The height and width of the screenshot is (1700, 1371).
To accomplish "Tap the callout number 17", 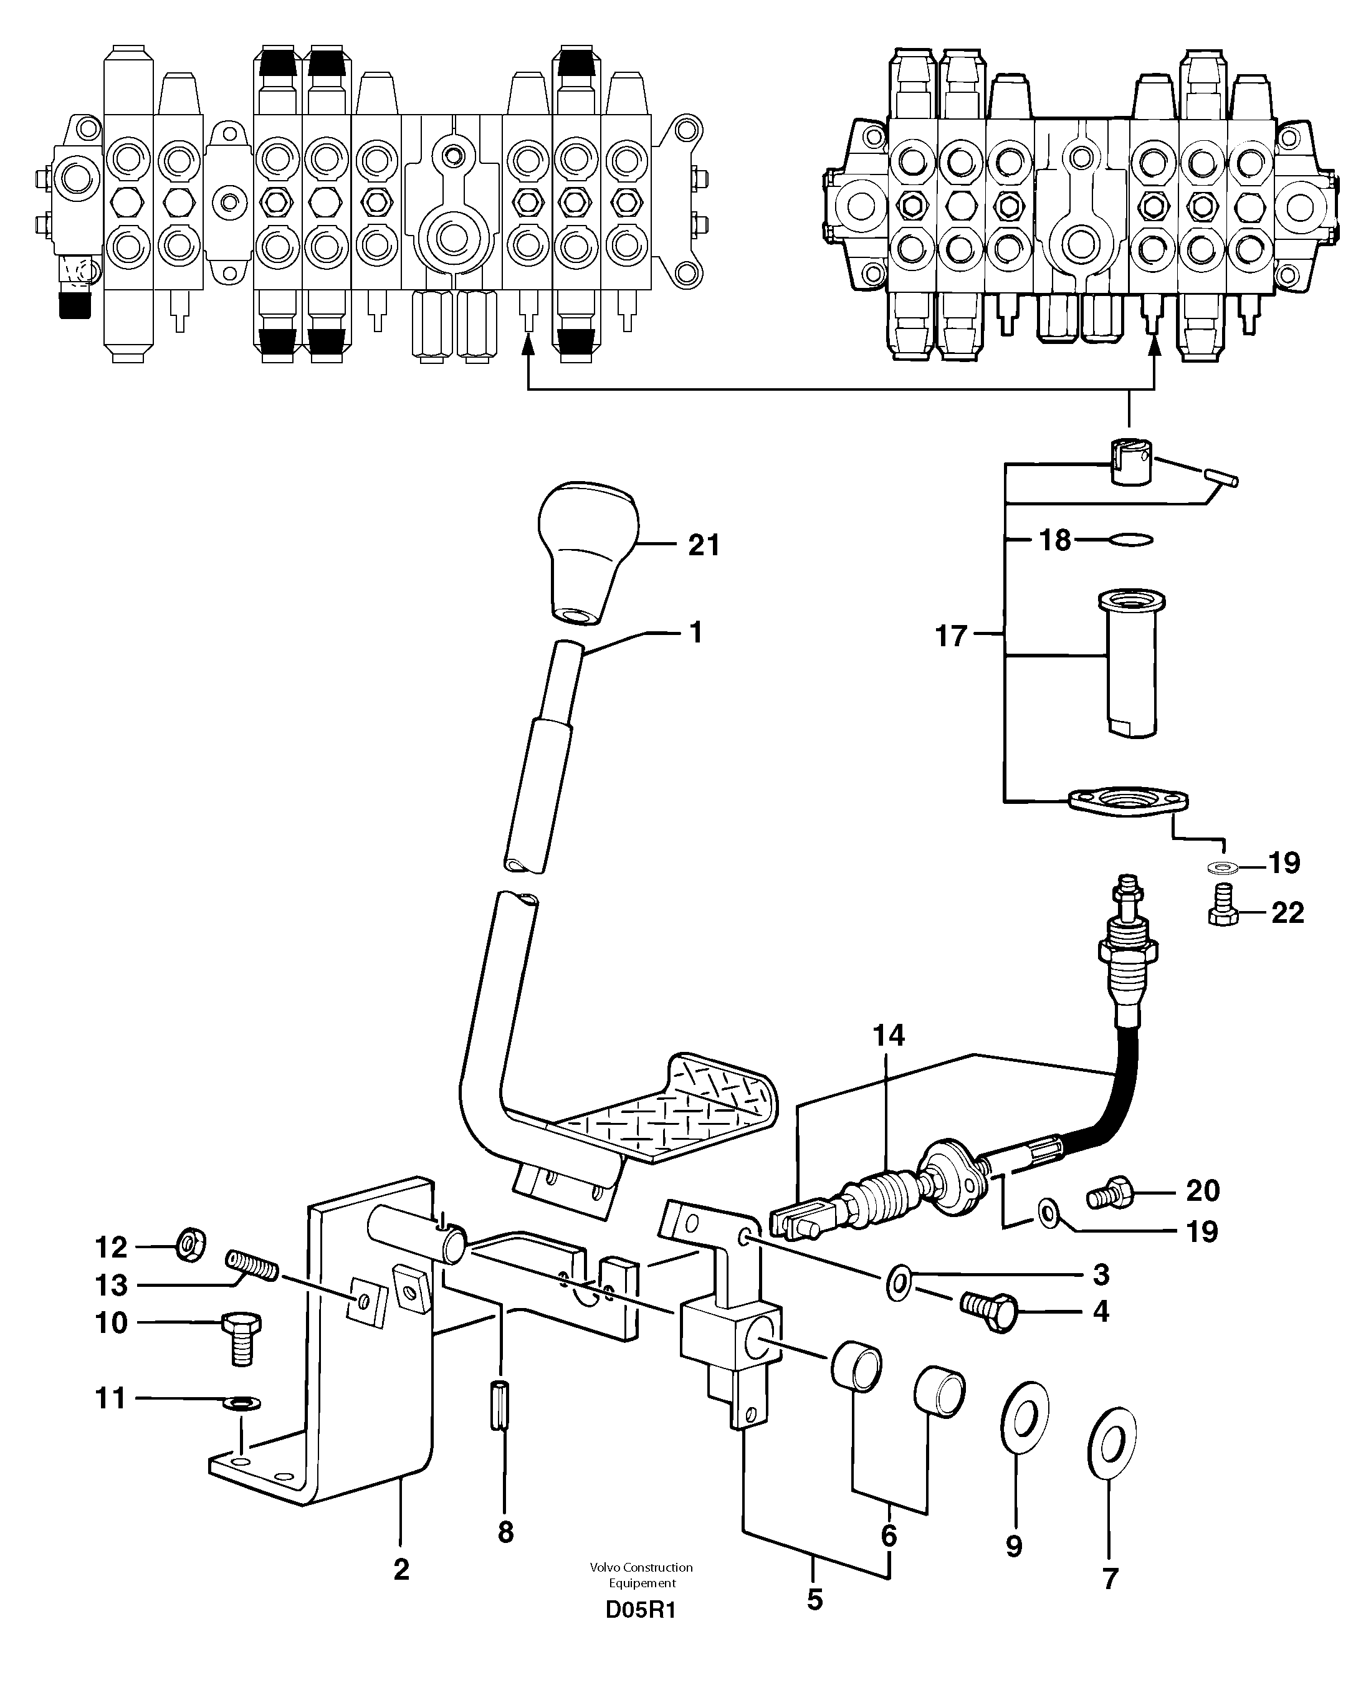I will [x=951, y=636].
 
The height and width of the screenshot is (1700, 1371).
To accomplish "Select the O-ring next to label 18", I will [x=1130, y=540].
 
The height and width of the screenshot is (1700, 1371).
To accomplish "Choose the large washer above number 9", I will [x=1025, y=1417].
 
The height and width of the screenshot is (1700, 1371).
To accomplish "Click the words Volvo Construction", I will [x=641, y=1567].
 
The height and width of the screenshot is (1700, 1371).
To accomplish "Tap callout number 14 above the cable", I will [x=889, y=1035].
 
